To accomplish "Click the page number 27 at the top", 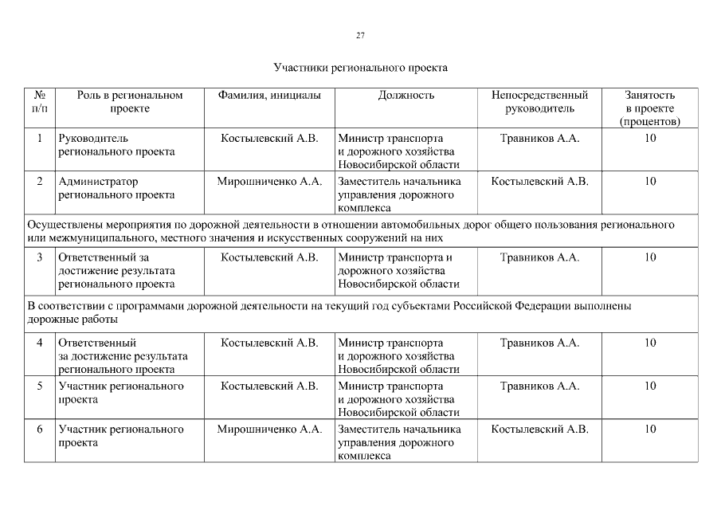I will (360, 36).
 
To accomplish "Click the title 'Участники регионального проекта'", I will (360, 68).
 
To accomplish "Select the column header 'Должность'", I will (406, 96).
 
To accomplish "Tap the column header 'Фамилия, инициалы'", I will (269, 96).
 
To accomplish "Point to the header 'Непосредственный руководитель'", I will (539, 102).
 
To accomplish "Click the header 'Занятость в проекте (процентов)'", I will (650, 108).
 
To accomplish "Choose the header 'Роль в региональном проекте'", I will (130, 102).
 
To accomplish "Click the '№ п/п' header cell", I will (40, 102).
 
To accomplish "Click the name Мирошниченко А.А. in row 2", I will (269, 182).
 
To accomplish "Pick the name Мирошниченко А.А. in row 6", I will (269, 430).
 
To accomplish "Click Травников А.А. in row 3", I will (539, 258).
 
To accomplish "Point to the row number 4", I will (40, 343).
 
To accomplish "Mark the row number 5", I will (40, 386).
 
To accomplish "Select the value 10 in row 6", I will (650, 430).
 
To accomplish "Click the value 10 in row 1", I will (650, 139).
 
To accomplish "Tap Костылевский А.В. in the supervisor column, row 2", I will (539, 182).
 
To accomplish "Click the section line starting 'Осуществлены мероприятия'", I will (351, 231).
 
